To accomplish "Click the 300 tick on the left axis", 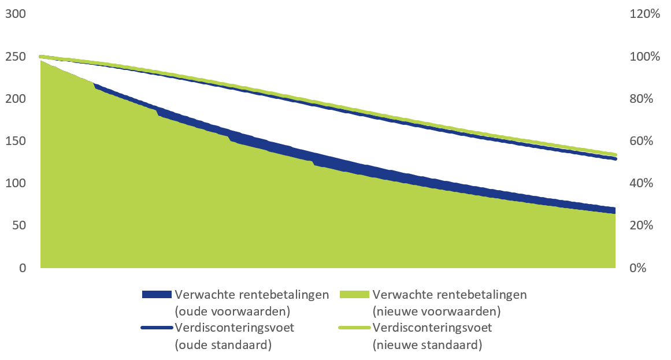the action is (x=16, y=14).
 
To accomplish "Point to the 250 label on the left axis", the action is (x=16, y=57).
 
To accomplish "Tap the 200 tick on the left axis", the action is (x=16, y=99).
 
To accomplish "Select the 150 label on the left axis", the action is (x=16, y=141).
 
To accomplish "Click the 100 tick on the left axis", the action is (x=16, y=183).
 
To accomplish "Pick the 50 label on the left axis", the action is (x=19, y=225).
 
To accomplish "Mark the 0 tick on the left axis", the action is (x=23, y=268).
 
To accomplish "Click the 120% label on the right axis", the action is (x=645, y=14).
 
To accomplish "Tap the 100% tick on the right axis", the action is (x=645, y=57).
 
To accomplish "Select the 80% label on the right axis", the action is (x=642, y=99).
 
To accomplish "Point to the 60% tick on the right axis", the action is (x=642, y=141).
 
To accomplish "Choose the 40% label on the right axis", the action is (x=642, y=183).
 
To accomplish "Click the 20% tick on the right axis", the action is (x=642, y=225).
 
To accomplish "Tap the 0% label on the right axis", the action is (x=638, y=268).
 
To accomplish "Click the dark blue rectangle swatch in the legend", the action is (x=157, y=295).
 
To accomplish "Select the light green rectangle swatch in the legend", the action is (x=354, y=295).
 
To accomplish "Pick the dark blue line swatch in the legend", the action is (x=157, y=328).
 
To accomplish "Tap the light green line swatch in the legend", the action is (x=354, y=328).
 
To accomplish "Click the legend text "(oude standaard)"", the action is (x=223, y=344).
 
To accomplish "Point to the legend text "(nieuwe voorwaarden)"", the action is (x=436, y=311).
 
